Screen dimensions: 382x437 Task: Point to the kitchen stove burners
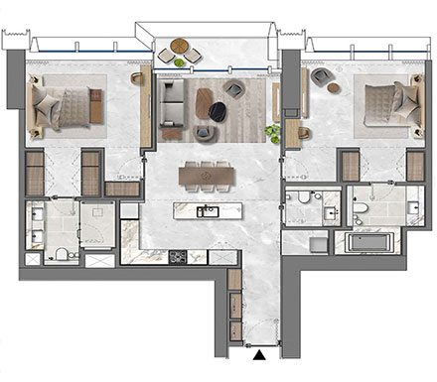(178, 256)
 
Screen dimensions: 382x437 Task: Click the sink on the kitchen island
(207, 211)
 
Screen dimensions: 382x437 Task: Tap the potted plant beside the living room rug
(272, 131)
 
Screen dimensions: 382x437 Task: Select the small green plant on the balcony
(180, 63)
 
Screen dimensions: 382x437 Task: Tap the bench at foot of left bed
(96, 105)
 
